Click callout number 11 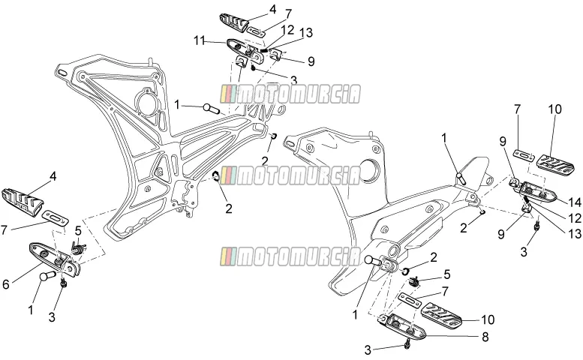[x=200, y=40]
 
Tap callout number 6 [x=5, y=284]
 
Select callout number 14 [x=574, y=202]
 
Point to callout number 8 [x=485, y=337]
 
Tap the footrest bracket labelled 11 [x=245, y=49]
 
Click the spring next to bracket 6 [x=78, y=247]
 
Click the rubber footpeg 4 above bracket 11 [x=234, y=22]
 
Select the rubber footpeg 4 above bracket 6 [x=22, y=202]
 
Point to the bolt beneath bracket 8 [x=408, y=345]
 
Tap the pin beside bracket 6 [x=47, y=276]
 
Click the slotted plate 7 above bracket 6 [x=55, y=217]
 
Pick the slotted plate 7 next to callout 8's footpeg [x=409, y=300]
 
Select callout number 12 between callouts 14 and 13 [x=575, y=217]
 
